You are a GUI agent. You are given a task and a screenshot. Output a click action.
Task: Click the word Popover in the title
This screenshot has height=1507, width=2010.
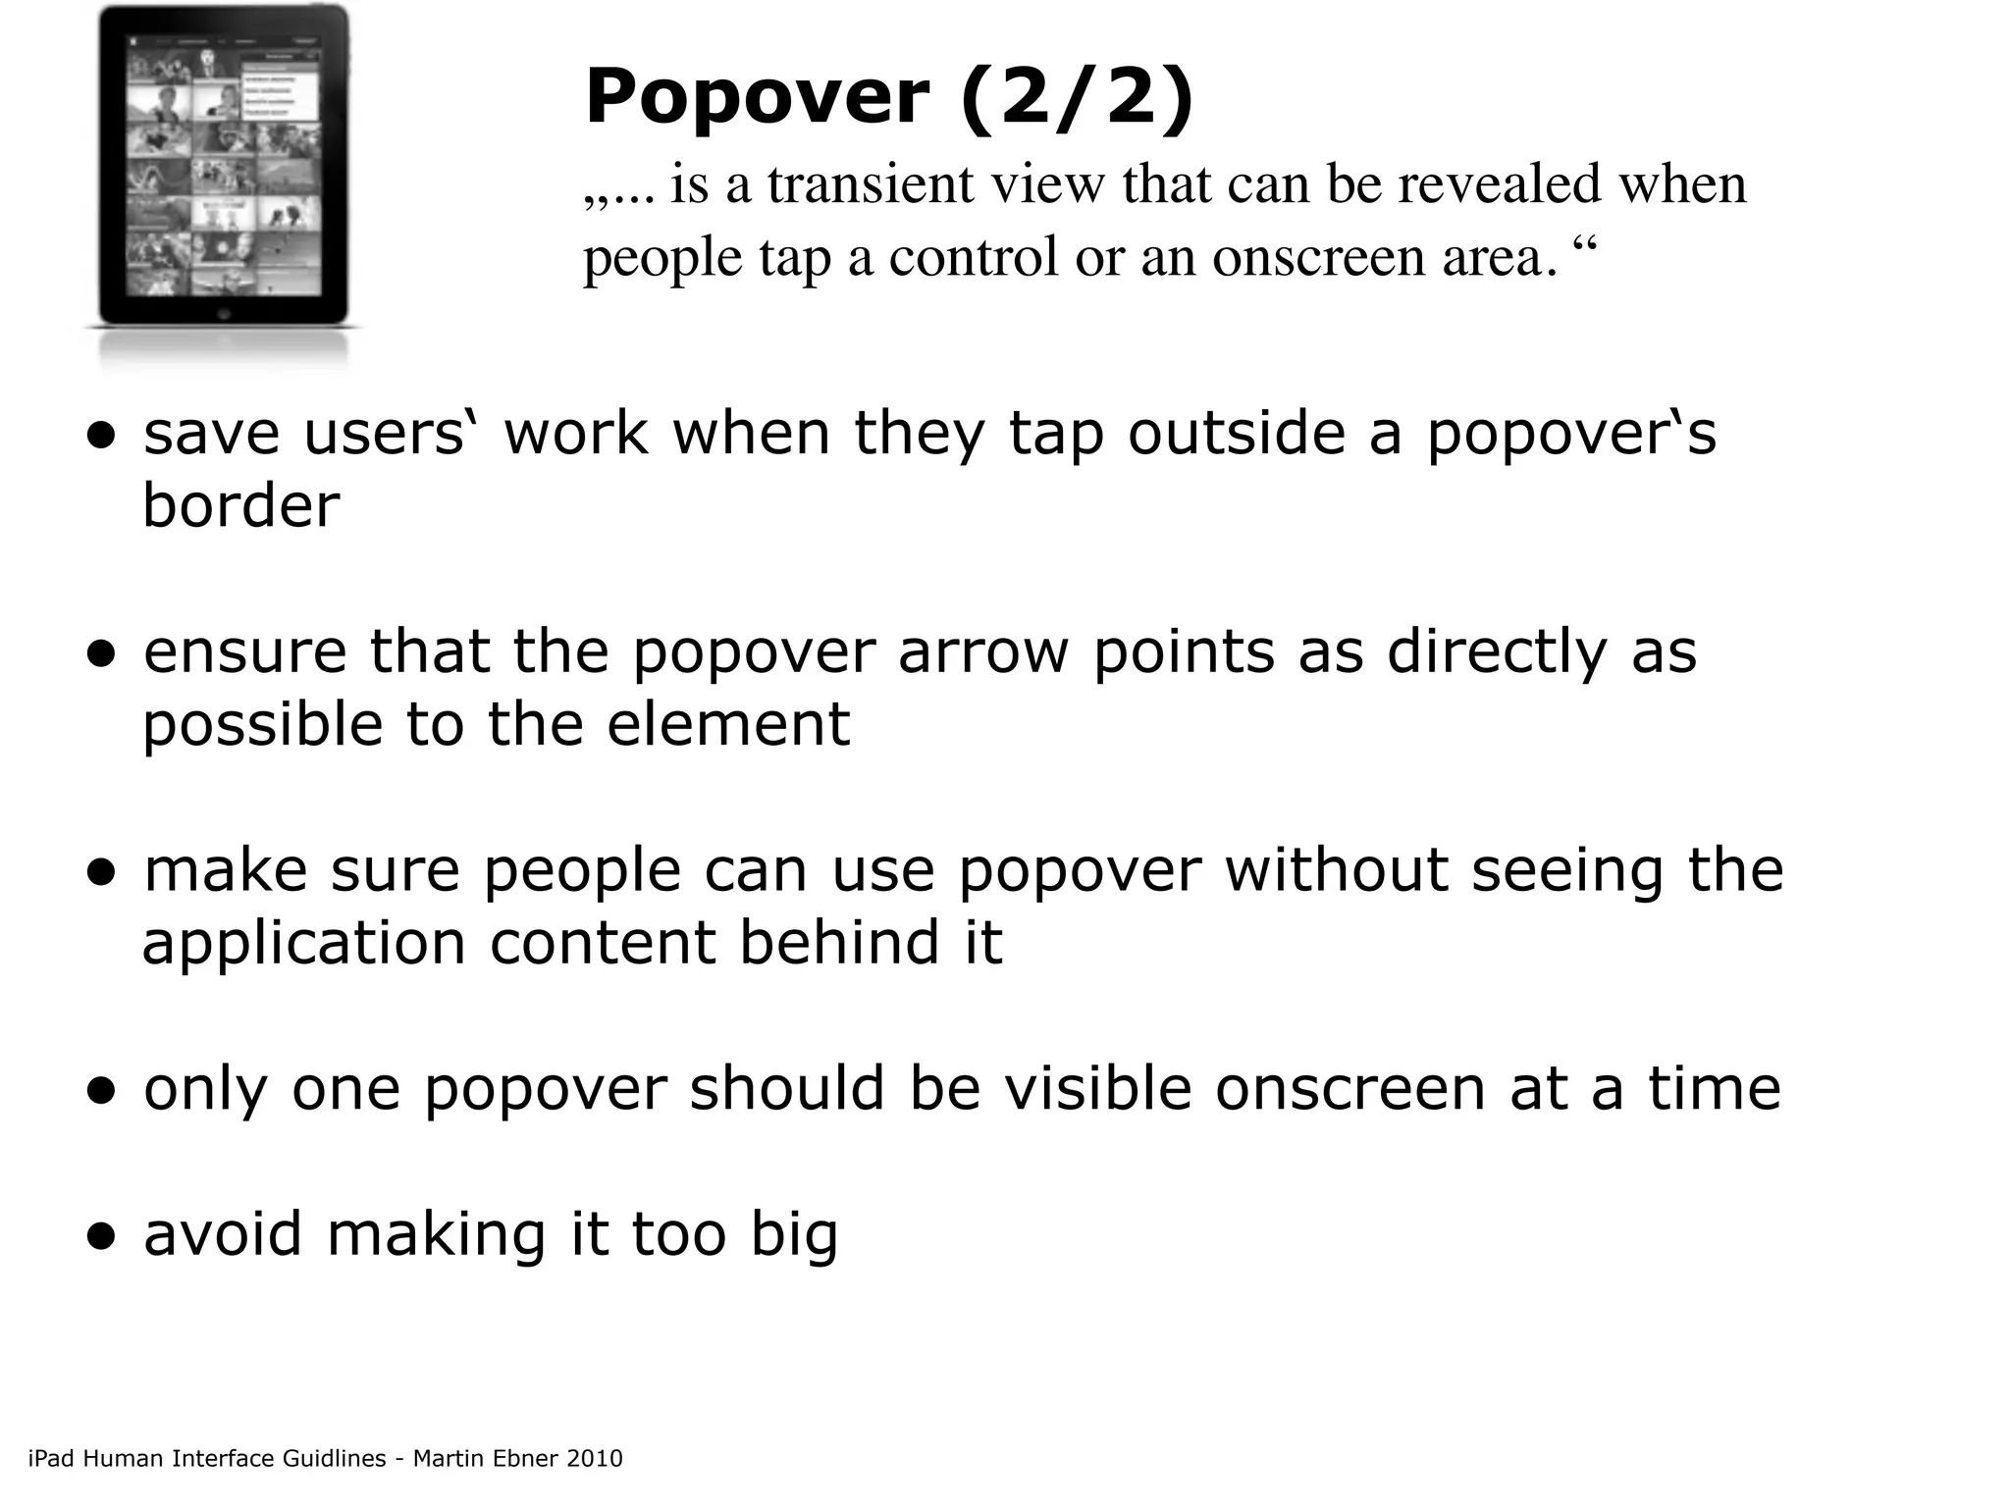(757, 99)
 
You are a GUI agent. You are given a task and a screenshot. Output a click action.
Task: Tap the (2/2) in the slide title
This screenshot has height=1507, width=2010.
(1077, 99)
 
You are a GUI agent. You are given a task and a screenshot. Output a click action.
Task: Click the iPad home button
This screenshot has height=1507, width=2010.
(223, 315)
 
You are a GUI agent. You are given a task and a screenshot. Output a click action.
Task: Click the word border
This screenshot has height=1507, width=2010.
(241, 506)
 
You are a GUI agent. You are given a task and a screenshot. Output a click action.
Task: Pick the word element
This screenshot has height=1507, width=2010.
(728, 725)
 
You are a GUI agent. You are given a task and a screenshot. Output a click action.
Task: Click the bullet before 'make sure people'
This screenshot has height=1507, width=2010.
(101, 872)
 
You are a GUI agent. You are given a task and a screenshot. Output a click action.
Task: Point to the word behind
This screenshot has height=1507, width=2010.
(839, 943)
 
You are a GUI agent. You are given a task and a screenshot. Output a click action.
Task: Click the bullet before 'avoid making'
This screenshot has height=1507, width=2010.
(101, 1236)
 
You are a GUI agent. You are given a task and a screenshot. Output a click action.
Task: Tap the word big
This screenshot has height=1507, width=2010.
(794, 1236)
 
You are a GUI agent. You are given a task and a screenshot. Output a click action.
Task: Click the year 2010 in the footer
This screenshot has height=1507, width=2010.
(595, 1459)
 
